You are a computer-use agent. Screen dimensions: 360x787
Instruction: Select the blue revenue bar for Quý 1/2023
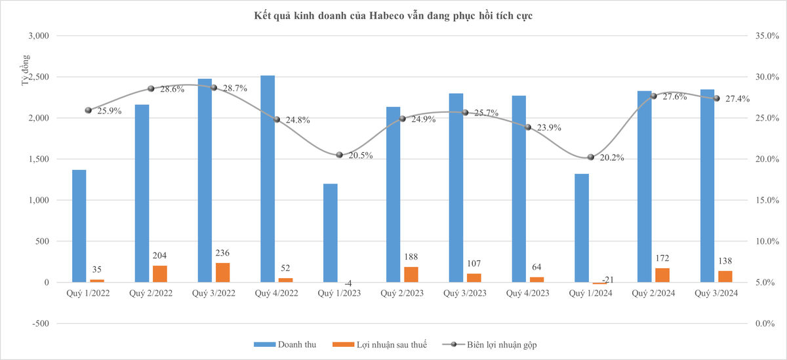click(330, 233)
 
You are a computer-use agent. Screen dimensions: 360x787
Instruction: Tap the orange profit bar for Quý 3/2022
click(222, 272)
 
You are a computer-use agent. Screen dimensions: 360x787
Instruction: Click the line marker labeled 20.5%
click(339, 155)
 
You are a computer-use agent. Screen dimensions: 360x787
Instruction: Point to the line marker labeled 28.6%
click(151, 89)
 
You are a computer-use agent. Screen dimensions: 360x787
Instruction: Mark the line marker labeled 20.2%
click(591, 157)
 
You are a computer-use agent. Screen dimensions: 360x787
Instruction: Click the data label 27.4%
click(740, 98)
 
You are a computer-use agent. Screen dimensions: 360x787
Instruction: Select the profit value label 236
click(222, 253)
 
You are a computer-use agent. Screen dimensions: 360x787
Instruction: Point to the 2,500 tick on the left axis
click(38, 77)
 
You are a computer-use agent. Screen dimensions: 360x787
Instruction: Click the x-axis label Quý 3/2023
click(465, 294)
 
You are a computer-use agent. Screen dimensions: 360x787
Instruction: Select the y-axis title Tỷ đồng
click(26, 71)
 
